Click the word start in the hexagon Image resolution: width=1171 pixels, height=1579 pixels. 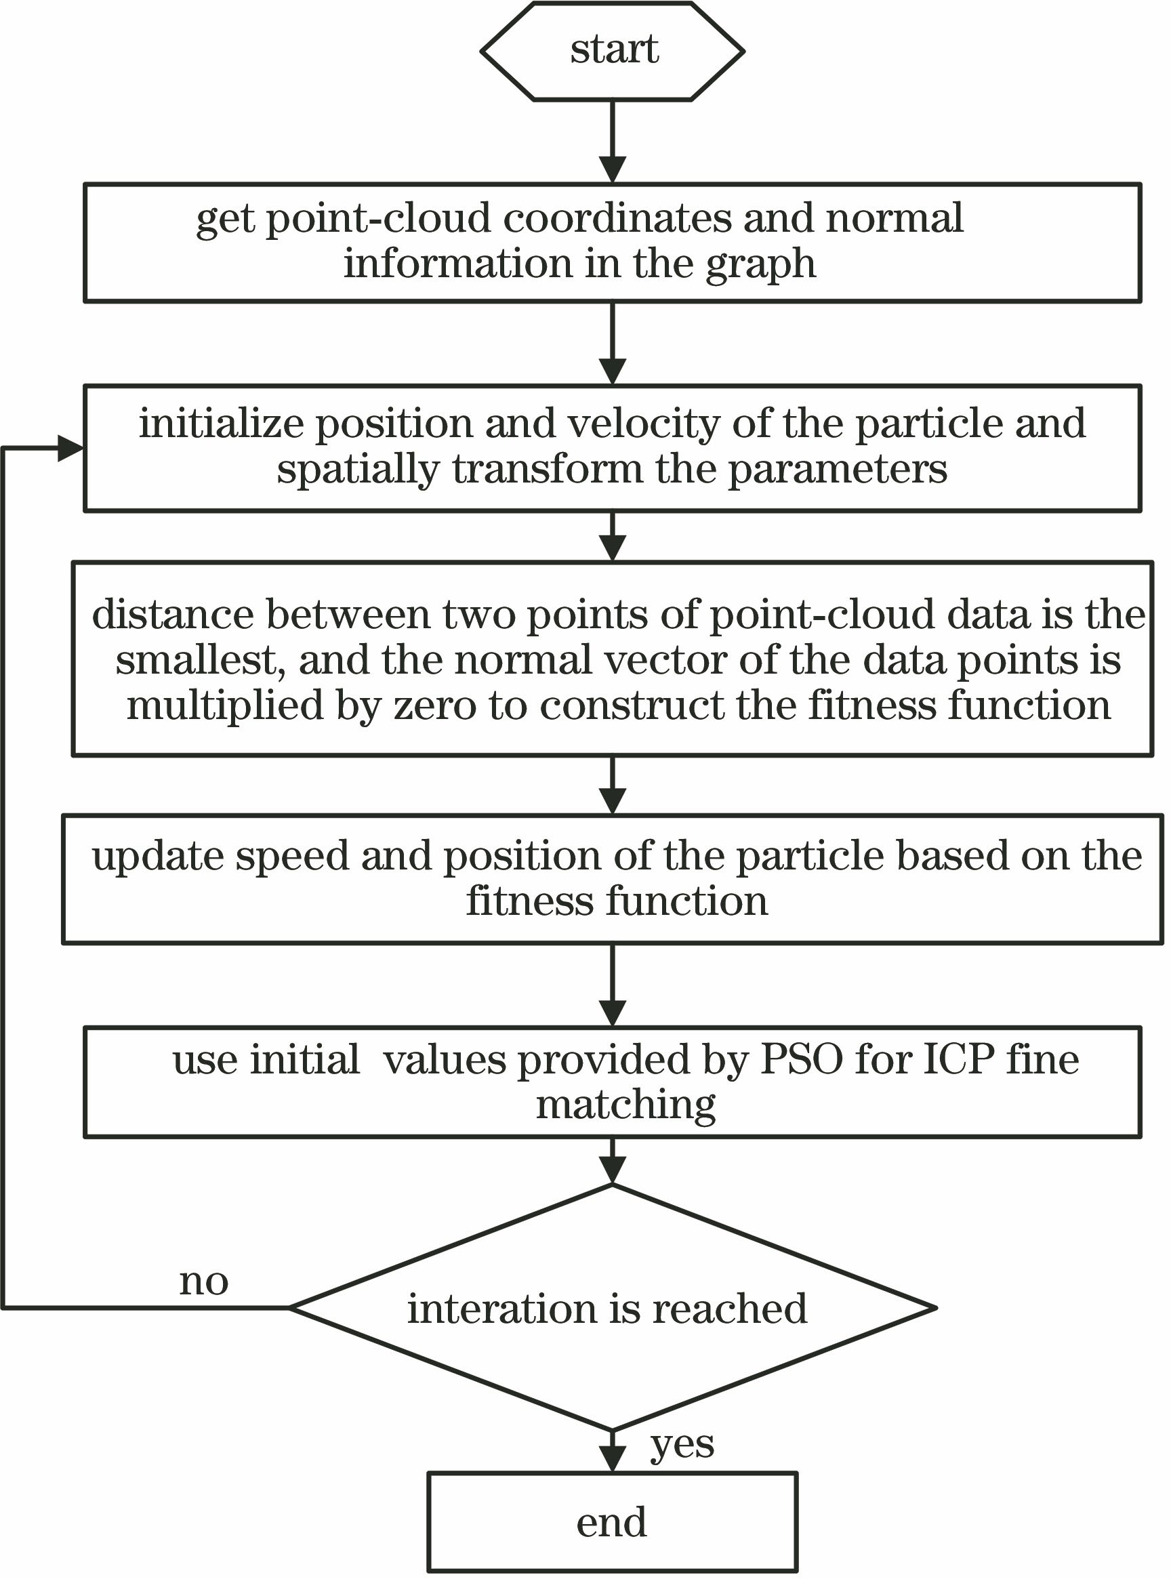click(614, 50)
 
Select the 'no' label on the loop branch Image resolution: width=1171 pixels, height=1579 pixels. click(203, 1281)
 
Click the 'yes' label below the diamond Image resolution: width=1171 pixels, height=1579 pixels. click(682, 1445)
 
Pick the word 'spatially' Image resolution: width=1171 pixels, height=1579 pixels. click(358, 470)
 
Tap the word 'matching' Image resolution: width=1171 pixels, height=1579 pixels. click(625, 1105)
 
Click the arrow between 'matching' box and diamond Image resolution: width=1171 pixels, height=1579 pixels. click(613, 1162)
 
